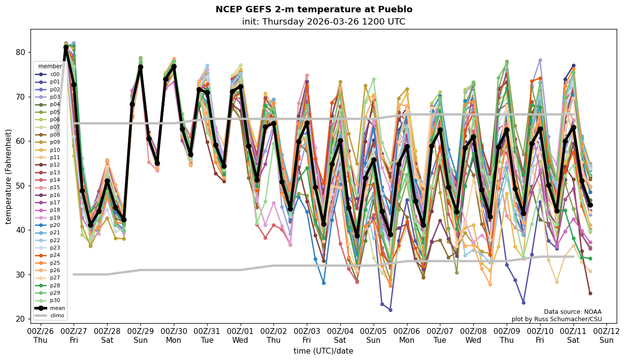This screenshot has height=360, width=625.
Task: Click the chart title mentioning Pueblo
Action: pos(314,10)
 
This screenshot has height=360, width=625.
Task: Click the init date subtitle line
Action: pos(324,22)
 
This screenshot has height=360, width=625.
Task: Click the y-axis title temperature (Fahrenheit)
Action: pos(9,176)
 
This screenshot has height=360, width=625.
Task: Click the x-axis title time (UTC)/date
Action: pos(323,351)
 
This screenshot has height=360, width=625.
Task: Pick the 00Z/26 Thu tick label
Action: pos(40,335)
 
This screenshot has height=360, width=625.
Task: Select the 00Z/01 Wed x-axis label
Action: pos(240,335)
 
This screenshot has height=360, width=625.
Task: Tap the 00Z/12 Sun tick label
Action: pos(607,335)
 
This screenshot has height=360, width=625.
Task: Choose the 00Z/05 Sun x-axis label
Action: pos(374,335)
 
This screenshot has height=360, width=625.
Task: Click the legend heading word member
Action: pos(50,66)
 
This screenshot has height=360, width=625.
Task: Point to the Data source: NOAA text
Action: pos(572,312)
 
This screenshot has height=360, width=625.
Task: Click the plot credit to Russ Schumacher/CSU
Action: pos(556,319)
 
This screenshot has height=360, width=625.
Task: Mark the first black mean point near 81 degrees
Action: pos(66,48)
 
